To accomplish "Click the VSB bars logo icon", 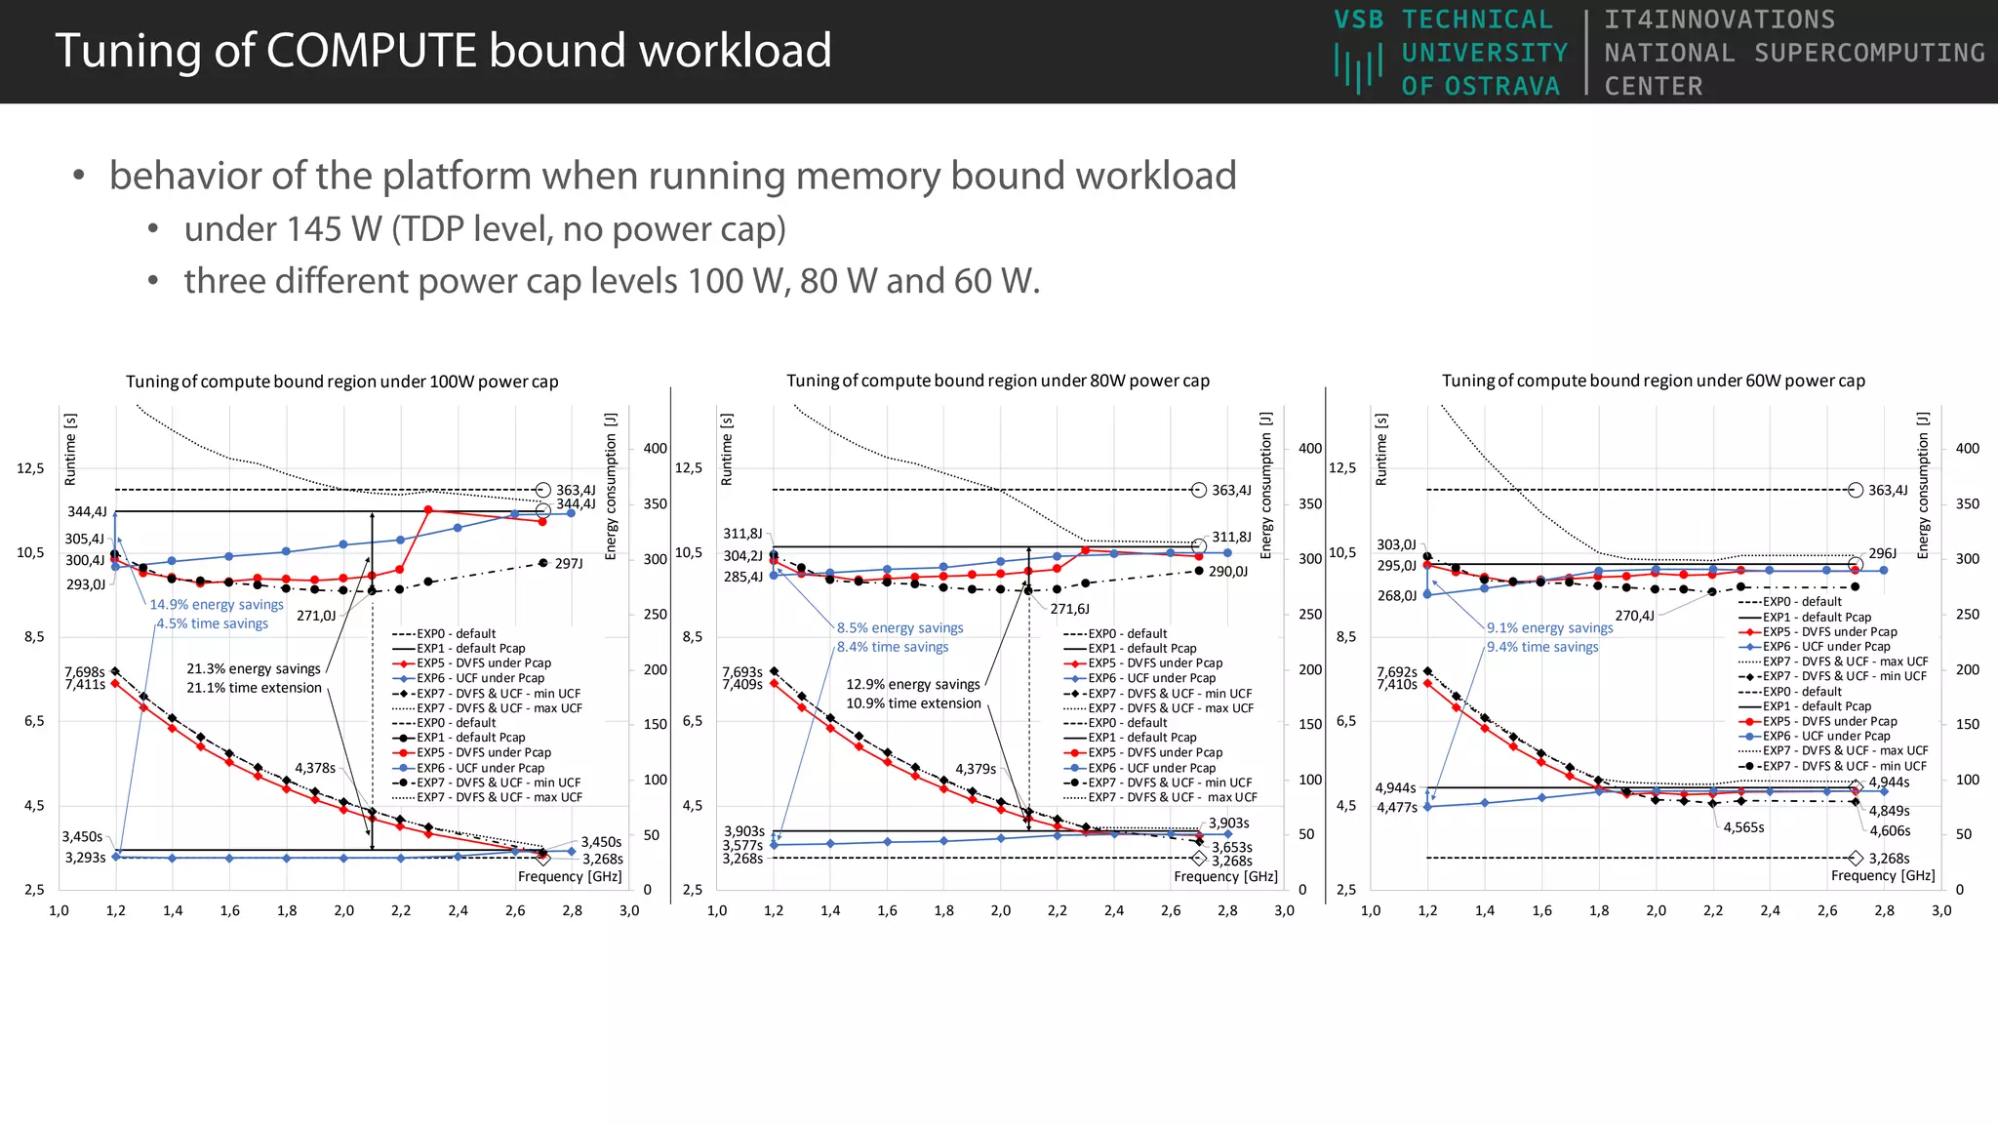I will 1358,69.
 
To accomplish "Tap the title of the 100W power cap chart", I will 341,381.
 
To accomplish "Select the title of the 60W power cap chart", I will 1653,381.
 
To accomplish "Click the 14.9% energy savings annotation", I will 216,605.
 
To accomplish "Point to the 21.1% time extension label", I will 254,688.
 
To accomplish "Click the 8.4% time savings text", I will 892,647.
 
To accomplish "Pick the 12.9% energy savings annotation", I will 912,685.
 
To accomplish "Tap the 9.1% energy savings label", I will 1549,628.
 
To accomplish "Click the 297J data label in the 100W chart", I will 569,564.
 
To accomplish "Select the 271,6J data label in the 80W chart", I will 1069,609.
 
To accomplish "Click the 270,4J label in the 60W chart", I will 1634,616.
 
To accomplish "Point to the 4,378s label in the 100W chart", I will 315,769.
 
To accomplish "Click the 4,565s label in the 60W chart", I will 1743,827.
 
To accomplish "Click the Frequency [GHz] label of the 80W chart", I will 1225,876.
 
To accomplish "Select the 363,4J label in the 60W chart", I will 1888,491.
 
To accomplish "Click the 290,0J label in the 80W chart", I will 1227,572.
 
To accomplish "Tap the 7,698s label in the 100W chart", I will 84,672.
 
